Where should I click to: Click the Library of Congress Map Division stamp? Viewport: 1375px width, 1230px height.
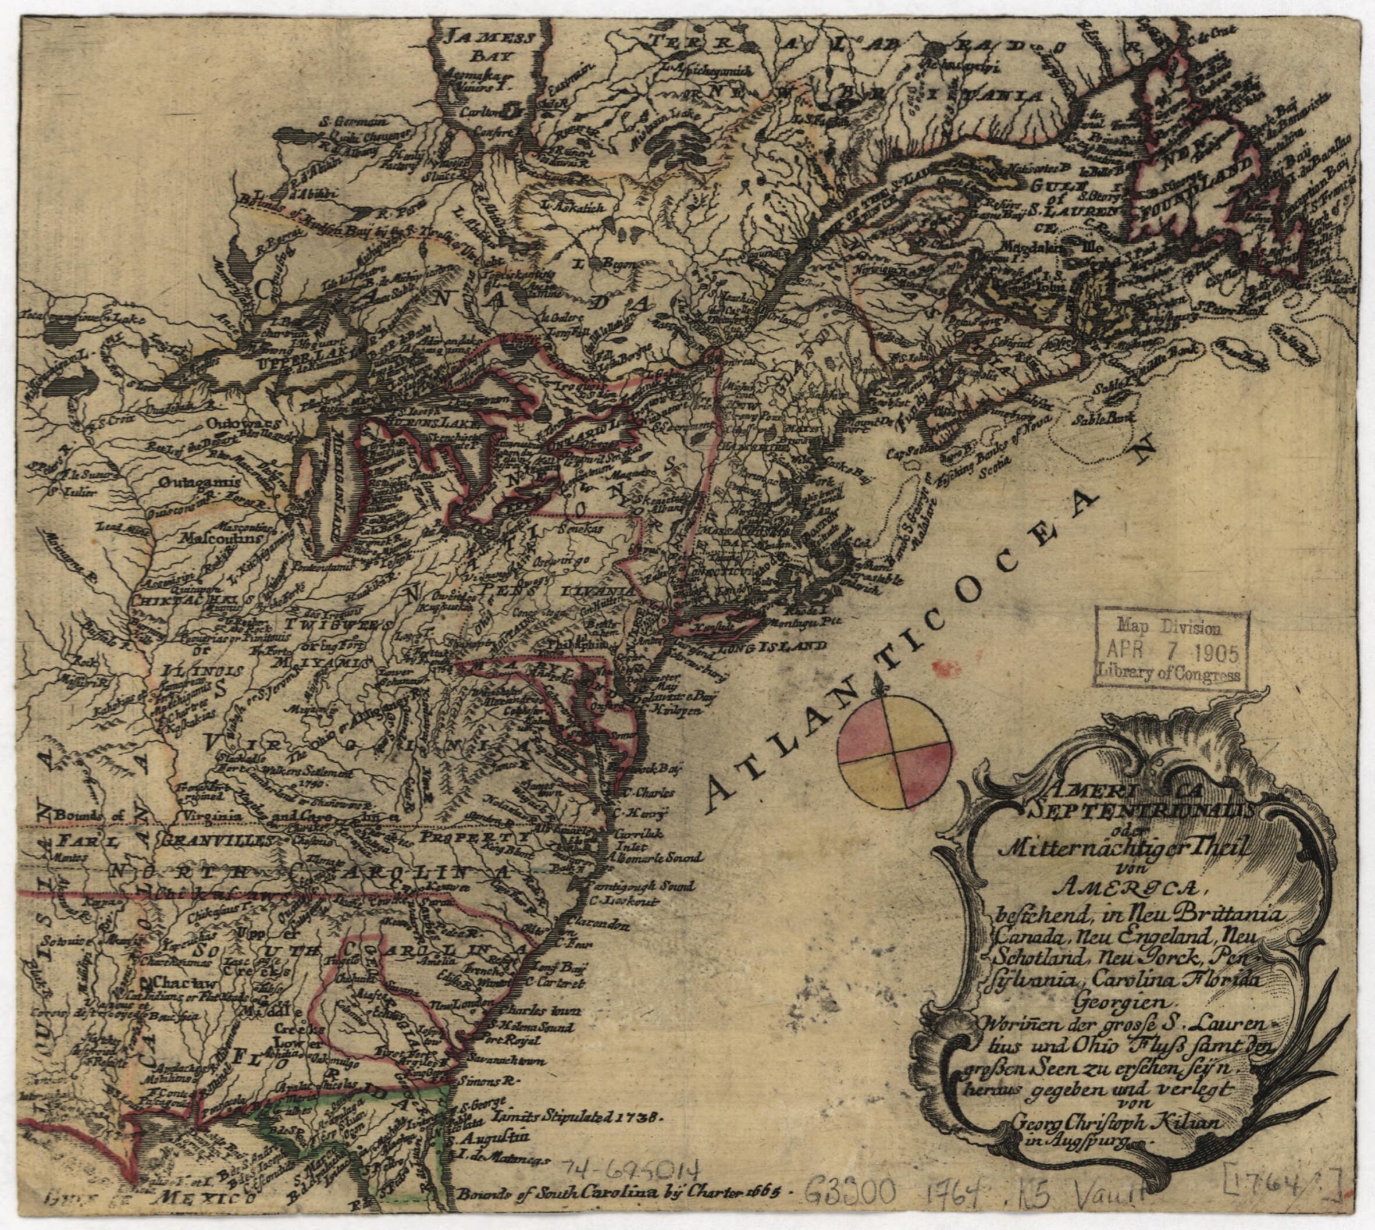(x=1170, y=650)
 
